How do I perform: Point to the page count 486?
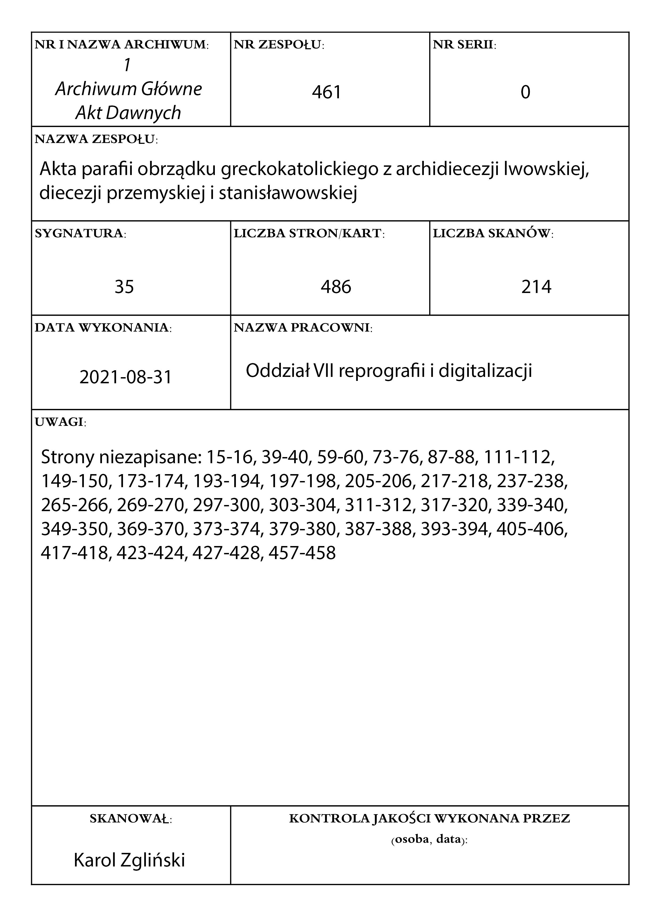[336, 287]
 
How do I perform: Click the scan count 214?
[536, 287]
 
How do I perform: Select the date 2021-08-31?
[126, 377]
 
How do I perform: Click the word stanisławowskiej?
[288, 193]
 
